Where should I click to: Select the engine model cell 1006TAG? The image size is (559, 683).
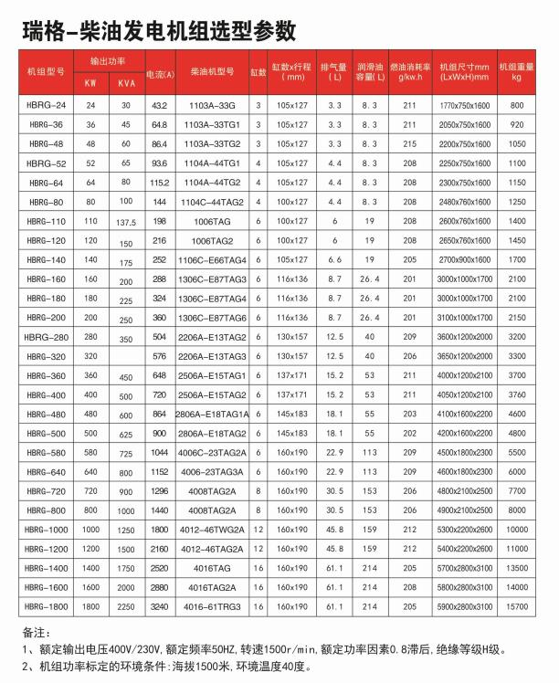tap(212, 222)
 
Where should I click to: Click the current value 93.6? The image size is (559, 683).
tap(160, 163)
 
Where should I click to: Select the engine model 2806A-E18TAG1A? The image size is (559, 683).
tap(212, 413)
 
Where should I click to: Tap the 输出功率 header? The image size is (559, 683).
tap(107, 59)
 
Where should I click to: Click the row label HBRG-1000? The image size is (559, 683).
tap(46, 528)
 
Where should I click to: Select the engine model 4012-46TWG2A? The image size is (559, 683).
tap(212, 528)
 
